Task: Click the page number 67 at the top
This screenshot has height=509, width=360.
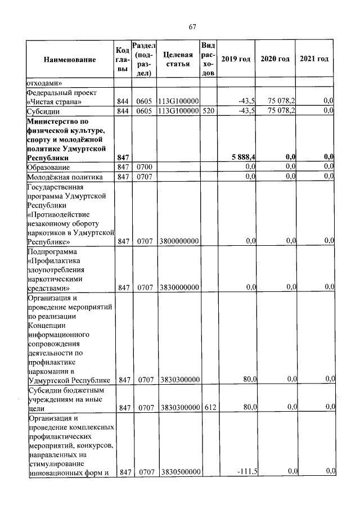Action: pyautogui.click(x=191, y=26)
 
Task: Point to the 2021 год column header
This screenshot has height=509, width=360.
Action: pyautogui.click(x=314, y=59)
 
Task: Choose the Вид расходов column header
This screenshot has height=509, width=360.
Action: pyautogui.click(x=208, y=59)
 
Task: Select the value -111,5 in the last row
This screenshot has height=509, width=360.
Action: pyautogui.click(x=247, y=472)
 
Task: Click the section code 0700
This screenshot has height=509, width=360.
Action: pyautogui.click(x=145, y=167)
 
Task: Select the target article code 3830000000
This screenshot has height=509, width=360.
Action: pyautogui.click(x=179, y=287)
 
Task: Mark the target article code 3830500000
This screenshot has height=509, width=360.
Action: pyautogui.click(x=179, y=472)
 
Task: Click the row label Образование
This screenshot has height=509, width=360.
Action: pyautogui.click(x=48, y=167)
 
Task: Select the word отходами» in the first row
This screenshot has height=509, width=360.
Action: pyautogui.click(x=45, y=83)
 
